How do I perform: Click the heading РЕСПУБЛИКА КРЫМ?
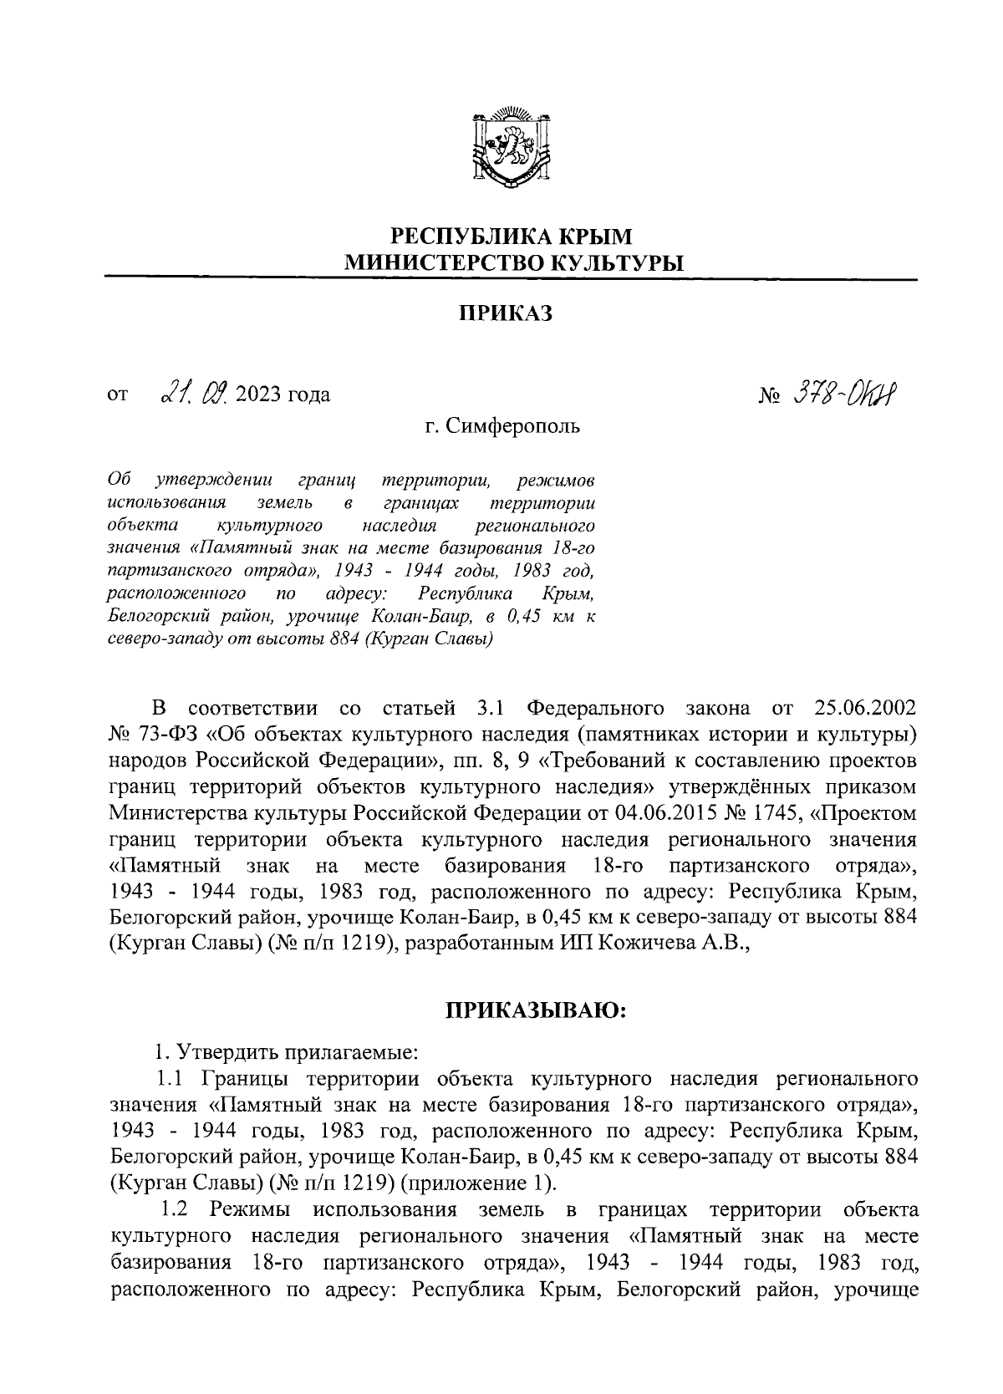coord(513,237)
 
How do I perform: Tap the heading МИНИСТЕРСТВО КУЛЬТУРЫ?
coord(514,264)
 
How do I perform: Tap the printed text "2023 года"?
coord(285,394)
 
